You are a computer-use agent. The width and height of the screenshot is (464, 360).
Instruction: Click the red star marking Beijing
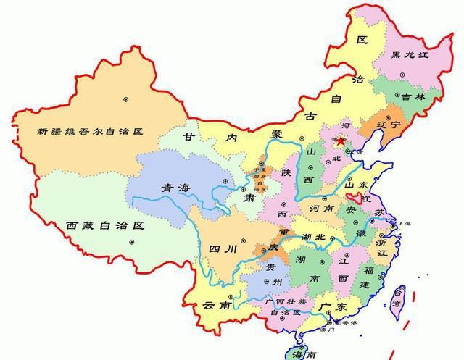pyautogui.click(x=341, y=140)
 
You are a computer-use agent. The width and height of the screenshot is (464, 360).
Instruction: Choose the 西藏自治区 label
pyautogui.click(x=104, y=225)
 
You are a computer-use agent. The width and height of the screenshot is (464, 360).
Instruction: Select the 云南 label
pyautogui.click(x=217, y=305)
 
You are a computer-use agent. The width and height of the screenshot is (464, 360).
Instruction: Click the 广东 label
pyautogui.click(x=331, y=307)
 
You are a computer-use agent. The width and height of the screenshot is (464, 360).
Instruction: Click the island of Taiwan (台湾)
pyautogui.click(x=398, y=299)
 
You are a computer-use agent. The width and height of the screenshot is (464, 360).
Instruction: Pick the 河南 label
pyautogui.click(x=324, y=208)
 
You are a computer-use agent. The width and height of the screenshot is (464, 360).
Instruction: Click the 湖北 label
pyautogui.click(x=313, y=237)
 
